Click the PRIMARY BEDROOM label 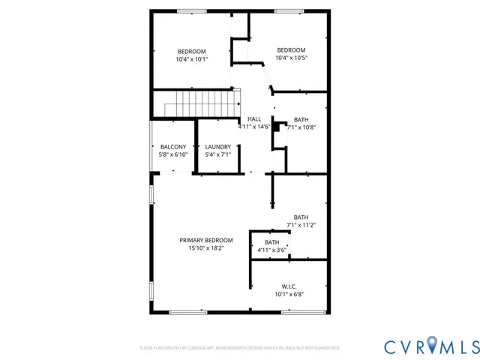coord(205,240)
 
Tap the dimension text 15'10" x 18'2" coord(205,248)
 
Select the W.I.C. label coord(289,286)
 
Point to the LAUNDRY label coord(217,146)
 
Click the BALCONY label coord(172,146)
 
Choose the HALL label coord(254,119)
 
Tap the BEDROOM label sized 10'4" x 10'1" coord(192,51)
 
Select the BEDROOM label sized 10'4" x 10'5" coord(291,49)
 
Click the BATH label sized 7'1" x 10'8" coord(301,119)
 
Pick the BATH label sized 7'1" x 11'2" coord(301,217)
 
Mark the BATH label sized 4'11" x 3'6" coord(271,242)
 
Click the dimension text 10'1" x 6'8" coord(289,295)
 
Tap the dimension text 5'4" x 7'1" coord(217,154)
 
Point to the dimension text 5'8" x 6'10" coord(172,154)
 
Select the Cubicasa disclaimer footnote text coord(240,348)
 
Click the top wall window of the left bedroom coord(192,10)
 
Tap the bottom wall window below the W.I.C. coord(297,312)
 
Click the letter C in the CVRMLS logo coord(391,346)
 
